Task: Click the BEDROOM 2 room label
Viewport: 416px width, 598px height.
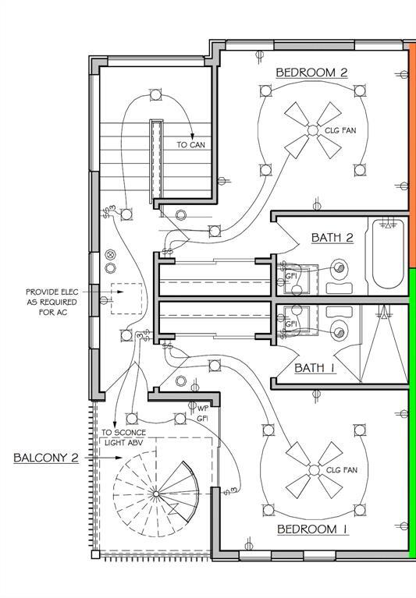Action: tap(311, 73)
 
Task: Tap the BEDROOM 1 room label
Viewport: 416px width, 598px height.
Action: tap(312, 529)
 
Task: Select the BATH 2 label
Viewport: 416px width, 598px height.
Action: tap(332, 238)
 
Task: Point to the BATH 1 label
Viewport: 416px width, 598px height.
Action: tap(315, 368)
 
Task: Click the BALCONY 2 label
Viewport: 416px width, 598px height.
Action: tap(46, 458)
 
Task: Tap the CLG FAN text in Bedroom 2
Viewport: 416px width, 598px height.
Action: tap(340, 130)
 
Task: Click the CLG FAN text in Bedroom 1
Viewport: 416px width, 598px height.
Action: tap(342, 470)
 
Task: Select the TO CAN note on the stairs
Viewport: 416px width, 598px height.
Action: tap(190, 145)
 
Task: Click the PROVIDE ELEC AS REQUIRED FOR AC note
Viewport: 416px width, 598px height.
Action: tap(52, 302)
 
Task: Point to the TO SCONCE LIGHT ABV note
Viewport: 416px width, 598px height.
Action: tap(123, 437)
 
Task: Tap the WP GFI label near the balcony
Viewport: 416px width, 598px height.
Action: tap(202, 413)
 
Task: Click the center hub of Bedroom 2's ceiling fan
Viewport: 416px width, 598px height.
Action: tap(312, 130)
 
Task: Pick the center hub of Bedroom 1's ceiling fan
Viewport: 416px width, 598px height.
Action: tap(314, 470)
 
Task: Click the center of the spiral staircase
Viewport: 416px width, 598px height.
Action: tap(156, 494)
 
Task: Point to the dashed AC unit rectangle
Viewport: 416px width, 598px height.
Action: tap(126, 299)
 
